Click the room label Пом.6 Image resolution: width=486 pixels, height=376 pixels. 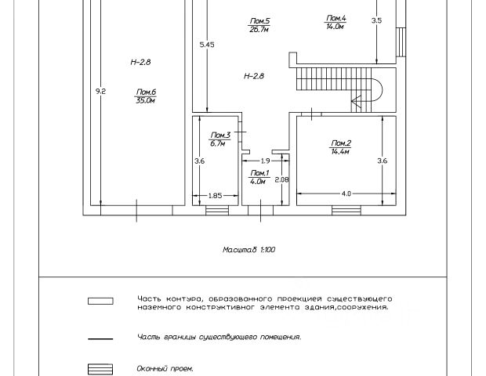point(144,91)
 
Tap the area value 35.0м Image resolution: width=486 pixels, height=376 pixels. point(144,100)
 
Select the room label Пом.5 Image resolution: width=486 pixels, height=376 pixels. point(260,20)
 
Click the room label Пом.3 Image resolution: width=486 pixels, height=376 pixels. point(219,136)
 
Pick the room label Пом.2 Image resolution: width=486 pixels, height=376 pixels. point(340,143)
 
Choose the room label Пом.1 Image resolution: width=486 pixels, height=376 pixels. point(259,172)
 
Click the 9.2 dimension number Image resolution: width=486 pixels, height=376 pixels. point(100,92)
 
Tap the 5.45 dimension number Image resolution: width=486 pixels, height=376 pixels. point(207,45)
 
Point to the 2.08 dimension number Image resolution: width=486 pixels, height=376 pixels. point(281,179)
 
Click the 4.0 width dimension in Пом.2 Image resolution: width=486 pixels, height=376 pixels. point(346,193)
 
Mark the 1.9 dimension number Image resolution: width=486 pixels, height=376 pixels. point(266,161)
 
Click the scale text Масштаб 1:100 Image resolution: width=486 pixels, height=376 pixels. point(248,250)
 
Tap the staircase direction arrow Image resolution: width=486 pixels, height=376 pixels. point(357,100)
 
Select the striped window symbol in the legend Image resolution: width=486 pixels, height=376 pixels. point(100,368)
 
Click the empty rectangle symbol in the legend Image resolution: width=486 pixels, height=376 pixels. point(100,300)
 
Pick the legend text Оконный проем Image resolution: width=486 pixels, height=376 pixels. point(165,368)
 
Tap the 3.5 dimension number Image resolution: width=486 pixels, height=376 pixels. point(376,20)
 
